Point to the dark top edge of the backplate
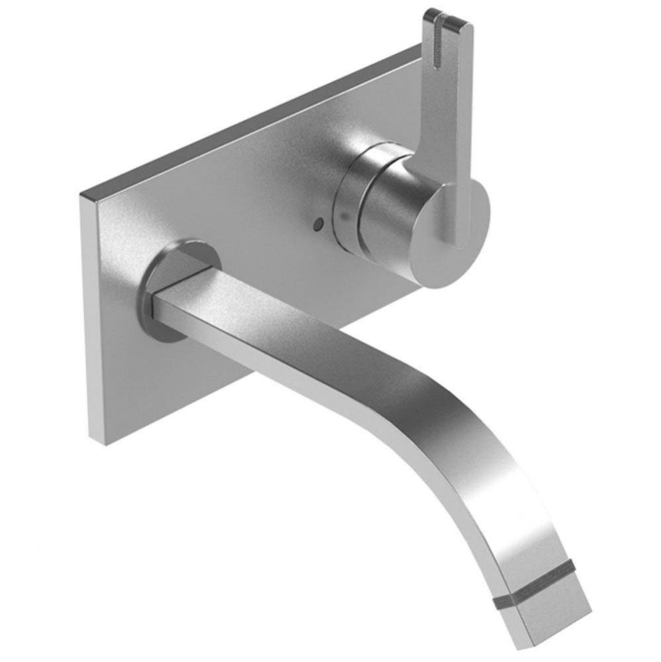pyautogui.click(x=251, y=119)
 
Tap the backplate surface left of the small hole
pyautogui.click(x=251, y=218)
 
